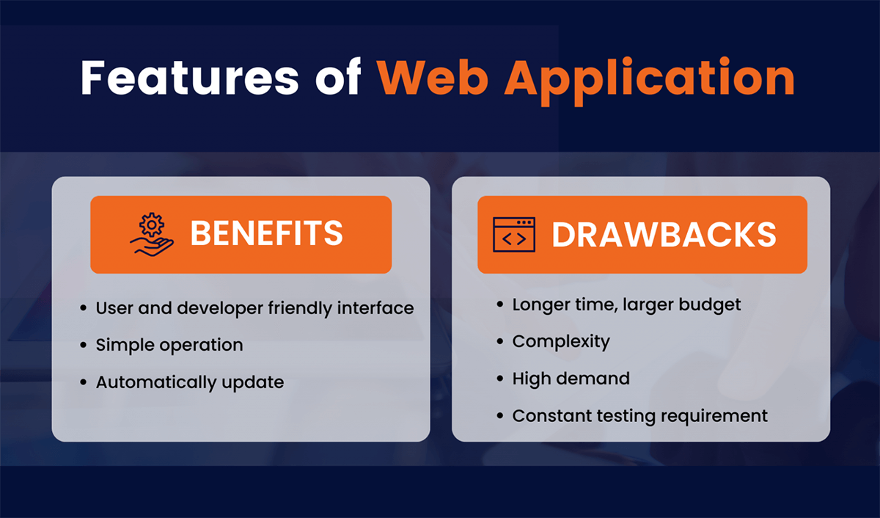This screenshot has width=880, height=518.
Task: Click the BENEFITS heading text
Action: click(266, 234)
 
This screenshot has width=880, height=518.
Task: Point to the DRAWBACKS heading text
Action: click(664, 235)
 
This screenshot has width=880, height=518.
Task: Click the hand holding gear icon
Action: click(152, 234)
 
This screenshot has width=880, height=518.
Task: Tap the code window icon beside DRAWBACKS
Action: click(513, 235)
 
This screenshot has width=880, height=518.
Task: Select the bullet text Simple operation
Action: click(169, 345)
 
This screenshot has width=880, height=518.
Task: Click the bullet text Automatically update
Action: click(189, 383)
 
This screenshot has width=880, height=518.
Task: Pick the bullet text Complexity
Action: click(561, 341)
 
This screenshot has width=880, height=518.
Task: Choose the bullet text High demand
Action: click(571, 379)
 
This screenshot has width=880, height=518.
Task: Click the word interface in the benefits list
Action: click(375, 307)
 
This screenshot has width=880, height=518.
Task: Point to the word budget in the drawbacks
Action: click(708, 304)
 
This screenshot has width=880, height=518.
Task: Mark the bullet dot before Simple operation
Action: click(84, 345)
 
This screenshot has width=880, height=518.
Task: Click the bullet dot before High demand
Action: click(500, 379)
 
